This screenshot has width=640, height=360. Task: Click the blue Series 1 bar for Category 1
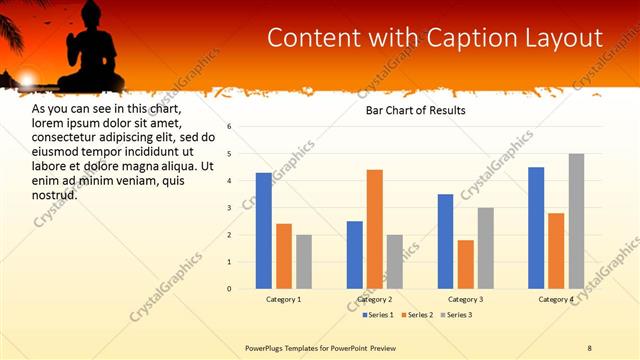pos(264,231)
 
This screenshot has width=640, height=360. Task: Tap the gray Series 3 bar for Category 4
pos(576,221)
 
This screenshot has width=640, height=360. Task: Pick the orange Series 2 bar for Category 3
pos(465,264)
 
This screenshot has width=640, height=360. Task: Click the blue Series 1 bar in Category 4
pos(536,228)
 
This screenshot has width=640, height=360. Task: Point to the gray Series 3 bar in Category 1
pos(304,262)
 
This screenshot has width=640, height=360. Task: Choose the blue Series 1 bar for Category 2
pos(355,255)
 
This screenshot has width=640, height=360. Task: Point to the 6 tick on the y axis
pos(229,127)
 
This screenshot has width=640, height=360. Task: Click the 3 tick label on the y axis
pos(229,208)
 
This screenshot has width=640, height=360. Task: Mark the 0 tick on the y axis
pos(229,289)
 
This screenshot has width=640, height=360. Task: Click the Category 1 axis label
pos(284,300)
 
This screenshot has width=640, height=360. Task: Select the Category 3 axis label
pos(465,300)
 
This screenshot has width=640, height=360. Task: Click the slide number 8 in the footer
pos(589,348)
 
